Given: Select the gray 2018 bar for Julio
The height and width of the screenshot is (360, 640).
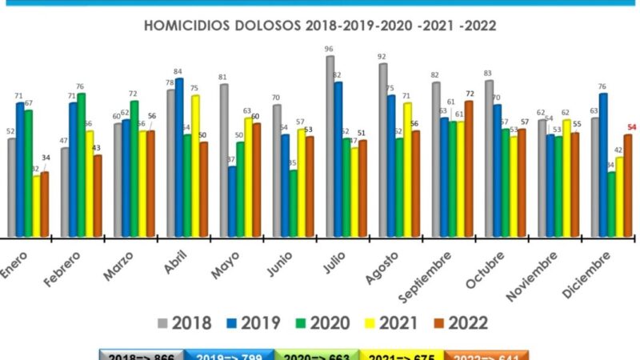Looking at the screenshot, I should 329,147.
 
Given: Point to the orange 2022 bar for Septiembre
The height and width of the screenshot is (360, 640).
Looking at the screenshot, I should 469,170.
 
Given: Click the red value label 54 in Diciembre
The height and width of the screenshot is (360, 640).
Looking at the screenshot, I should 631,128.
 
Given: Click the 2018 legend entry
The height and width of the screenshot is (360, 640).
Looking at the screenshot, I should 185,323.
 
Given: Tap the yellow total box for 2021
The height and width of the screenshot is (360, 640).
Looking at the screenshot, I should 402,355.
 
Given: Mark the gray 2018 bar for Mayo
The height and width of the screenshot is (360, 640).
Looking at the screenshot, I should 223,161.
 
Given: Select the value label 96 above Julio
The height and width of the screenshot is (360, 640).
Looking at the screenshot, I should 329,50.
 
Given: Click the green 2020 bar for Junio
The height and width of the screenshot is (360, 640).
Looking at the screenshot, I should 293,204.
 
